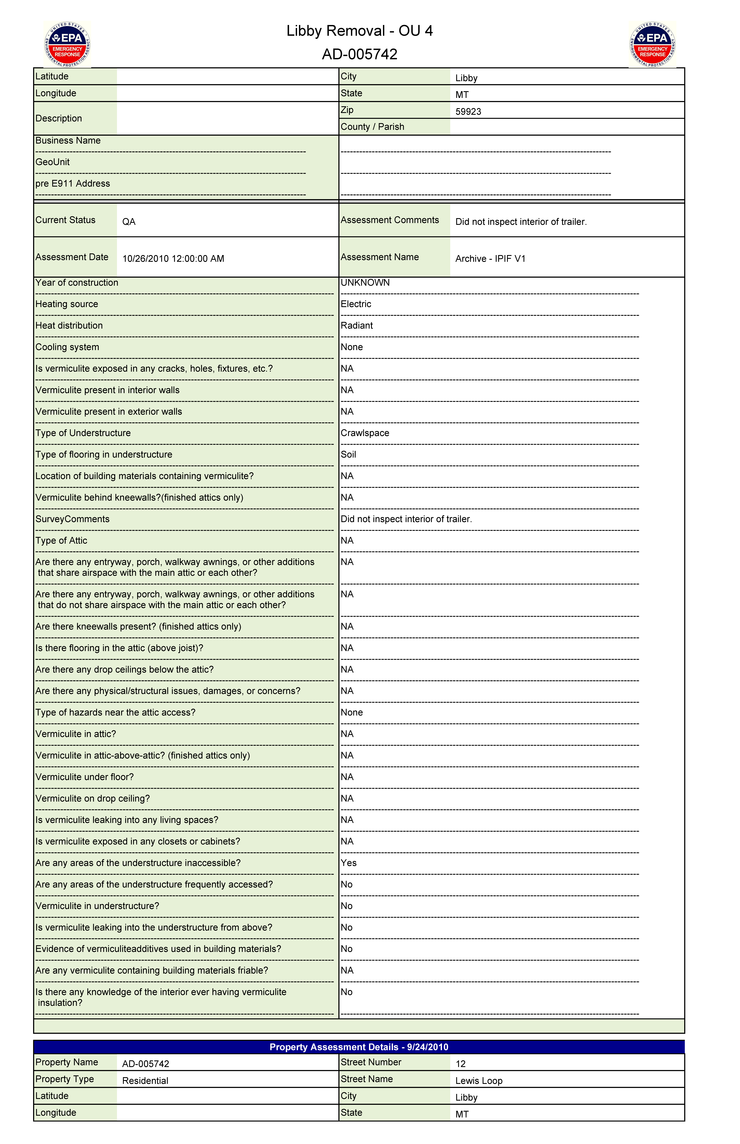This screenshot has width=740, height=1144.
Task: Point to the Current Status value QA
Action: (129, 222)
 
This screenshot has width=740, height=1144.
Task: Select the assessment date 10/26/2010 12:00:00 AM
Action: (173, 259)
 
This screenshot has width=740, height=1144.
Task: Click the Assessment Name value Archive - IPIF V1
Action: (490, 259)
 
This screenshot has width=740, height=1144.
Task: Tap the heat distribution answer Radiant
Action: (357, 325)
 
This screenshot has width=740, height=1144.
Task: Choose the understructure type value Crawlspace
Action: (365, 433)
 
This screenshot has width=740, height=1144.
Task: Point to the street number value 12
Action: (460, 1064)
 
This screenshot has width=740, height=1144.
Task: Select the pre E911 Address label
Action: (73, 184)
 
